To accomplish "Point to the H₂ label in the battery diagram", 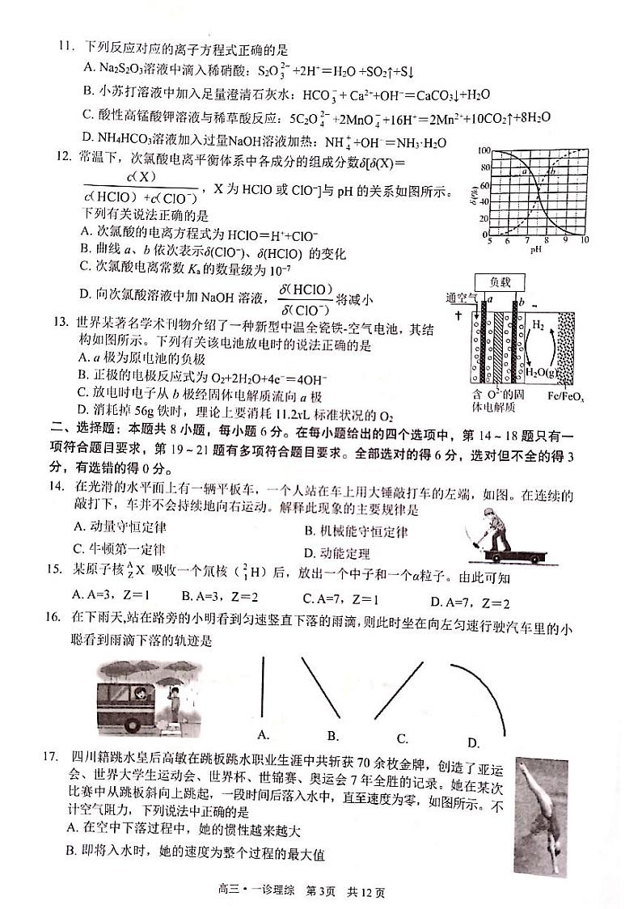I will pos(537,327).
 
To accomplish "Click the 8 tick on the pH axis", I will pos(547,240).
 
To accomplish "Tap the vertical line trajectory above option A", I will pos(263,686).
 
